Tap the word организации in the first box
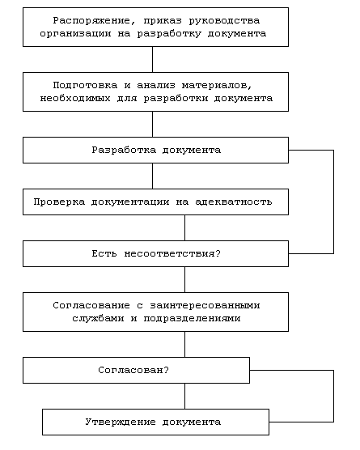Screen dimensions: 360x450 75,33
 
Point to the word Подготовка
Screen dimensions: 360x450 85,85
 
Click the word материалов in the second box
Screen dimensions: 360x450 214,85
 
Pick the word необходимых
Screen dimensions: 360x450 75,98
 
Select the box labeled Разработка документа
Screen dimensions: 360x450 156,150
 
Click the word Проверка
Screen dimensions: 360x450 59,202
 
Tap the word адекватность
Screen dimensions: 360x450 234,202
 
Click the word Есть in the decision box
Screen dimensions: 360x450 104,253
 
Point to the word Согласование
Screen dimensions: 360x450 91,305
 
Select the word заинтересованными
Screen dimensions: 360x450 205,305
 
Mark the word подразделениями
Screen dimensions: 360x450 192,319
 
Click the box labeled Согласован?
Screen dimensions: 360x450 136,370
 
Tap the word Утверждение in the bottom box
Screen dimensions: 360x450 121,422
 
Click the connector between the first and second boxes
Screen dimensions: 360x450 152,59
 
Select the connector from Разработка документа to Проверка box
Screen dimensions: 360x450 152,176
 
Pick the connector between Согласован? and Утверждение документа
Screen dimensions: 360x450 184,396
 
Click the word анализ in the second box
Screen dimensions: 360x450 156,85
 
